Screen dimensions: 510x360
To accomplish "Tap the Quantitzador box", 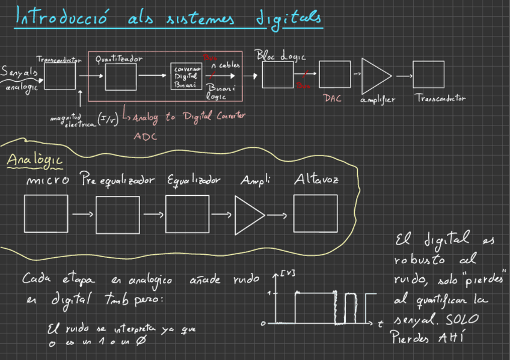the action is coord(121,76).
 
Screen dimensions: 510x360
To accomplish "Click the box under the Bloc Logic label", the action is coord(278,75).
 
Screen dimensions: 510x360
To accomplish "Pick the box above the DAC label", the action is coord(334,75).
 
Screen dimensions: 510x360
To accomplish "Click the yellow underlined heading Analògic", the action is coord(34,161).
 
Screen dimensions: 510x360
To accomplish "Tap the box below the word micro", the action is coord(47,213).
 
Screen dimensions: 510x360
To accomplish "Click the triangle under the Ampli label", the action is coord(248,214).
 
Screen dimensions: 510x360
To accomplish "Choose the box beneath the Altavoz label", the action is coord(315,213).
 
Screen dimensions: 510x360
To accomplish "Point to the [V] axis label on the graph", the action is coord(287,275).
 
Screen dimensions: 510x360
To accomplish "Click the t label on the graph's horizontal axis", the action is coord(381,325).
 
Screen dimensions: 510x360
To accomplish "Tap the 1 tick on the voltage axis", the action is coord(269,293).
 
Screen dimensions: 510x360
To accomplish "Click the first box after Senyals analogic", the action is coord(60,76).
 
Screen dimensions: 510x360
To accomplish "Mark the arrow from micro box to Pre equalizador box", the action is coord(82,214).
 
